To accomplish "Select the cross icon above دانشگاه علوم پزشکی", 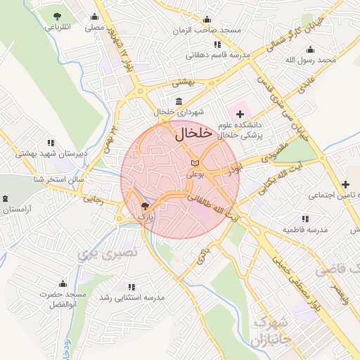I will (x=241, y=113).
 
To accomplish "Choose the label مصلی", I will (x=95, y=29).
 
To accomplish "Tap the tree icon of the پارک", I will (x=145, y=206).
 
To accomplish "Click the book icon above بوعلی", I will (x=195, y=162).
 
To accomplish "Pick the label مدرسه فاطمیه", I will (x=305, y=230).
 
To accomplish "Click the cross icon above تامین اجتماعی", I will (x=345, y=184).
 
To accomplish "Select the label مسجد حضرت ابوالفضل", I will (x=62, y=298).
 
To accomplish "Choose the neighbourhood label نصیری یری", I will (x=110, y=251).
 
